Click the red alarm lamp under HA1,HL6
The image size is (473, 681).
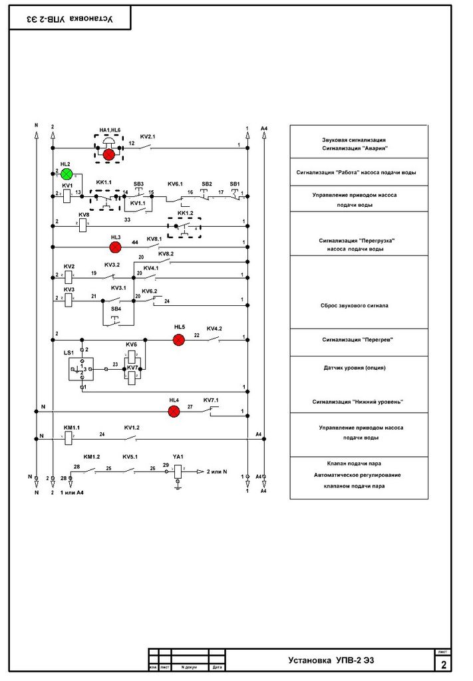[108, 154]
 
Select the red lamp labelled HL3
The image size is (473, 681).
[114, 247]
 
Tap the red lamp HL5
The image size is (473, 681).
[178, 340]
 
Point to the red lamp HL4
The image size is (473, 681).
[174, 411]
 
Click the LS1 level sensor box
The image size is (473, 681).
[81, 368]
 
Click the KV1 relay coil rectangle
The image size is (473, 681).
[68, 196]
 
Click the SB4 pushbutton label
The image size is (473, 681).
[116, 309]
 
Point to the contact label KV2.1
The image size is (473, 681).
[148, 136]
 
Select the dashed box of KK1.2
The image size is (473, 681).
[184, 227]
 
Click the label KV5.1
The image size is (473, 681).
[130, 457]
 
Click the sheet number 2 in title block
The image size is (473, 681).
[444, 664]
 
